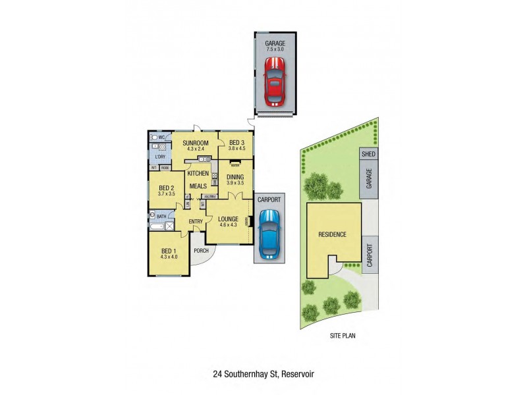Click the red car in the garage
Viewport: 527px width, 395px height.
[275, 82]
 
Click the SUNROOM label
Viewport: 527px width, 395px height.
[196, 143]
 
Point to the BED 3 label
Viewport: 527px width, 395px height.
[237, 143]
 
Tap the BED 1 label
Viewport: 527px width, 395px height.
[169, 251]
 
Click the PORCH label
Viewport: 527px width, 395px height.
[200, 250]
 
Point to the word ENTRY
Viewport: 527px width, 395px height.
[196, 221]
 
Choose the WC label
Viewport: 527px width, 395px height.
[161, 137]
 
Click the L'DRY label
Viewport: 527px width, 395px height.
[160, 157]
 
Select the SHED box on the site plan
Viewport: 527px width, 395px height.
[369, 153]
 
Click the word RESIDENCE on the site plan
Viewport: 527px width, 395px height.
[333, 234]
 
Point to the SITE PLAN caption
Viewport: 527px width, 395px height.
[343, 335]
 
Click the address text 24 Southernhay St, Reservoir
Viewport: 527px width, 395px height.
[263, 374]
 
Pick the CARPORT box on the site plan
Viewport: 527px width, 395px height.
[369, 253]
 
